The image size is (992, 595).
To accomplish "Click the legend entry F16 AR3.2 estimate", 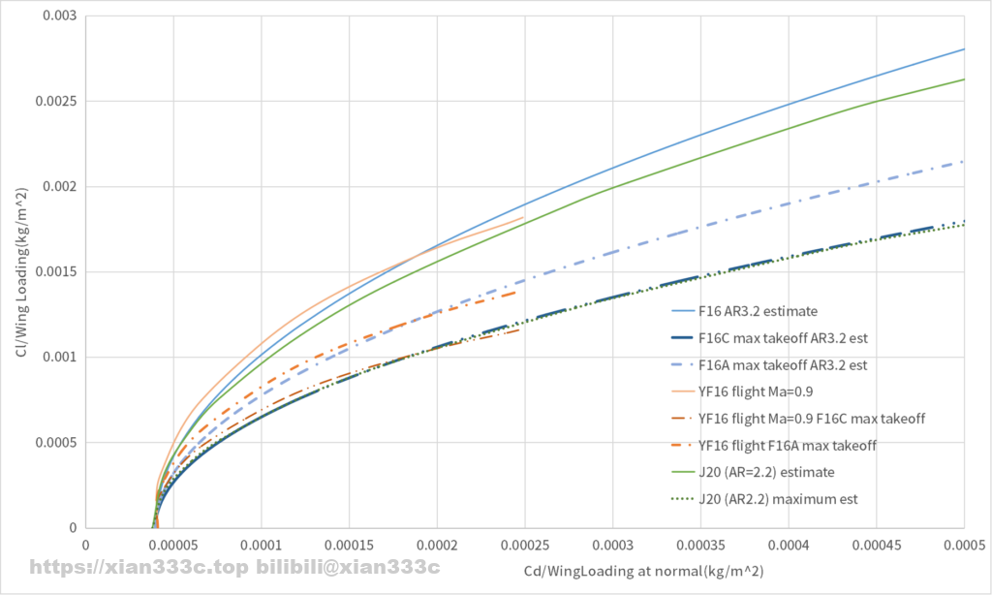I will coord(758,312).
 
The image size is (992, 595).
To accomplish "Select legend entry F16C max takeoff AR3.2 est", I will coord(782,339).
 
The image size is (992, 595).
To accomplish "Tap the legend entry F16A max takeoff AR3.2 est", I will coord(782,365).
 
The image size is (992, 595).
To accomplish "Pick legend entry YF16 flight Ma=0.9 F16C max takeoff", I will coord(811,419).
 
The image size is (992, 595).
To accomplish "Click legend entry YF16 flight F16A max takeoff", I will coord(787,446).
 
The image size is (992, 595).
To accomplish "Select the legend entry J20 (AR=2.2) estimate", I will coord(765,472).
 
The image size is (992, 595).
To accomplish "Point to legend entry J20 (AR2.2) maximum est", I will coord(778,499).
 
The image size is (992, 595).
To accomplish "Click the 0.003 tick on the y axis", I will coord(60,16).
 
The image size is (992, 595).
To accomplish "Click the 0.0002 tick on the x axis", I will coord(437,547).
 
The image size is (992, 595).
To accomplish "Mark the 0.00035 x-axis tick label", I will coord(700,547).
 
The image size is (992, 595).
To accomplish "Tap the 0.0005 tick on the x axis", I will coord(964,547).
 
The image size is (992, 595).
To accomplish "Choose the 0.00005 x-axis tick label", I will coord(173,547).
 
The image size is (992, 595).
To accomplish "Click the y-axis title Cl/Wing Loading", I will coord(21,271).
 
